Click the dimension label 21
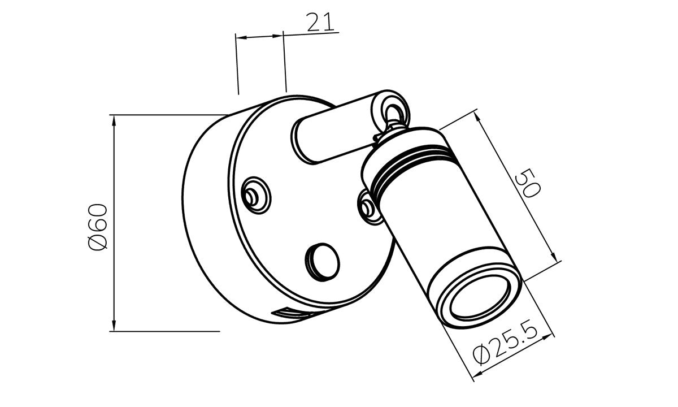point(320,22)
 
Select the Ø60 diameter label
point(97,227)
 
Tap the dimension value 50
point(528,184)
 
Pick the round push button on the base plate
point(322,262)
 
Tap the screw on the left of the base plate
point(256,196)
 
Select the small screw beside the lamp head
point(367,207)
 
